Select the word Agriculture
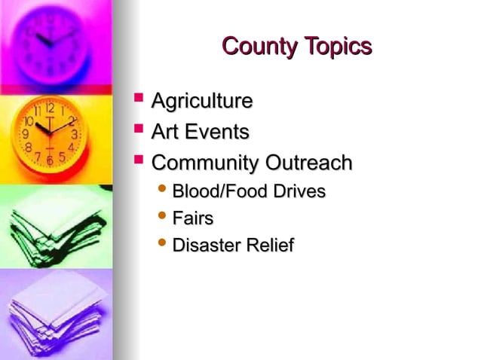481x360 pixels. [202, 101]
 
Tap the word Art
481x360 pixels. [166, 133]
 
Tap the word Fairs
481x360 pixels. [193, 219]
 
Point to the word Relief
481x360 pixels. [271, 246]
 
